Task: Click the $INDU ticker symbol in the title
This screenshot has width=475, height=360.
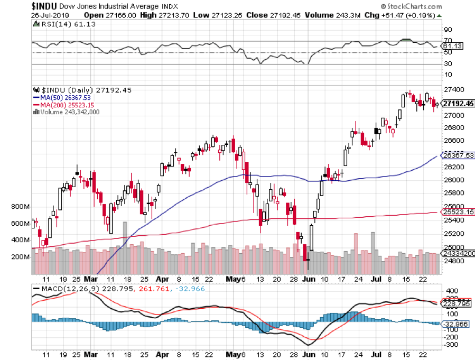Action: point(18,7)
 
